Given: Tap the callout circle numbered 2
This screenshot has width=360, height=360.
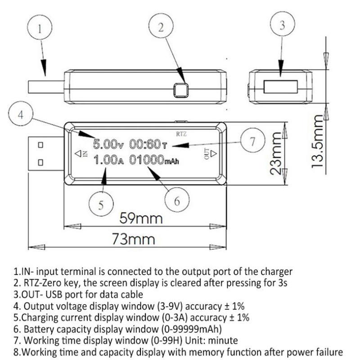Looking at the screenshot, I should point(160,27).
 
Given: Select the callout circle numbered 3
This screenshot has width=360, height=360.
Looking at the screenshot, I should point(282,26).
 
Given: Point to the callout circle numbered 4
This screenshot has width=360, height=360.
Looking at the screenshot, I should point(20,114).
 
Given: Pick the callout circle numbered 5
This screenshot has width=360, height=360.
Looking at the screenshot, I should point(101,205).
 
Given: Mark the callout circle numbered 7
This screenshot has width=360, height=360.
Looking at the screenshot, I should point(252,141).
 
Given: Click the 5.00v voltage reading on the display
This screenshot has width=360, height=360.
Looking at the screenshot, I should point(108,145).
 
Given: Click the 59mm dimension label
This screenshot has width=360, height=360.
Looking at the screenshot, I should point(140,219).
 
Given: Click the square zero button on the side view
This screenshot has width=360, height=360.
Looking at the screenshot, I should point(181,90).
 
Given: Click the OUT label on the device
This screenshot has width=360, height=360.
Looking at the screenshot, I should point(207,154).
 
